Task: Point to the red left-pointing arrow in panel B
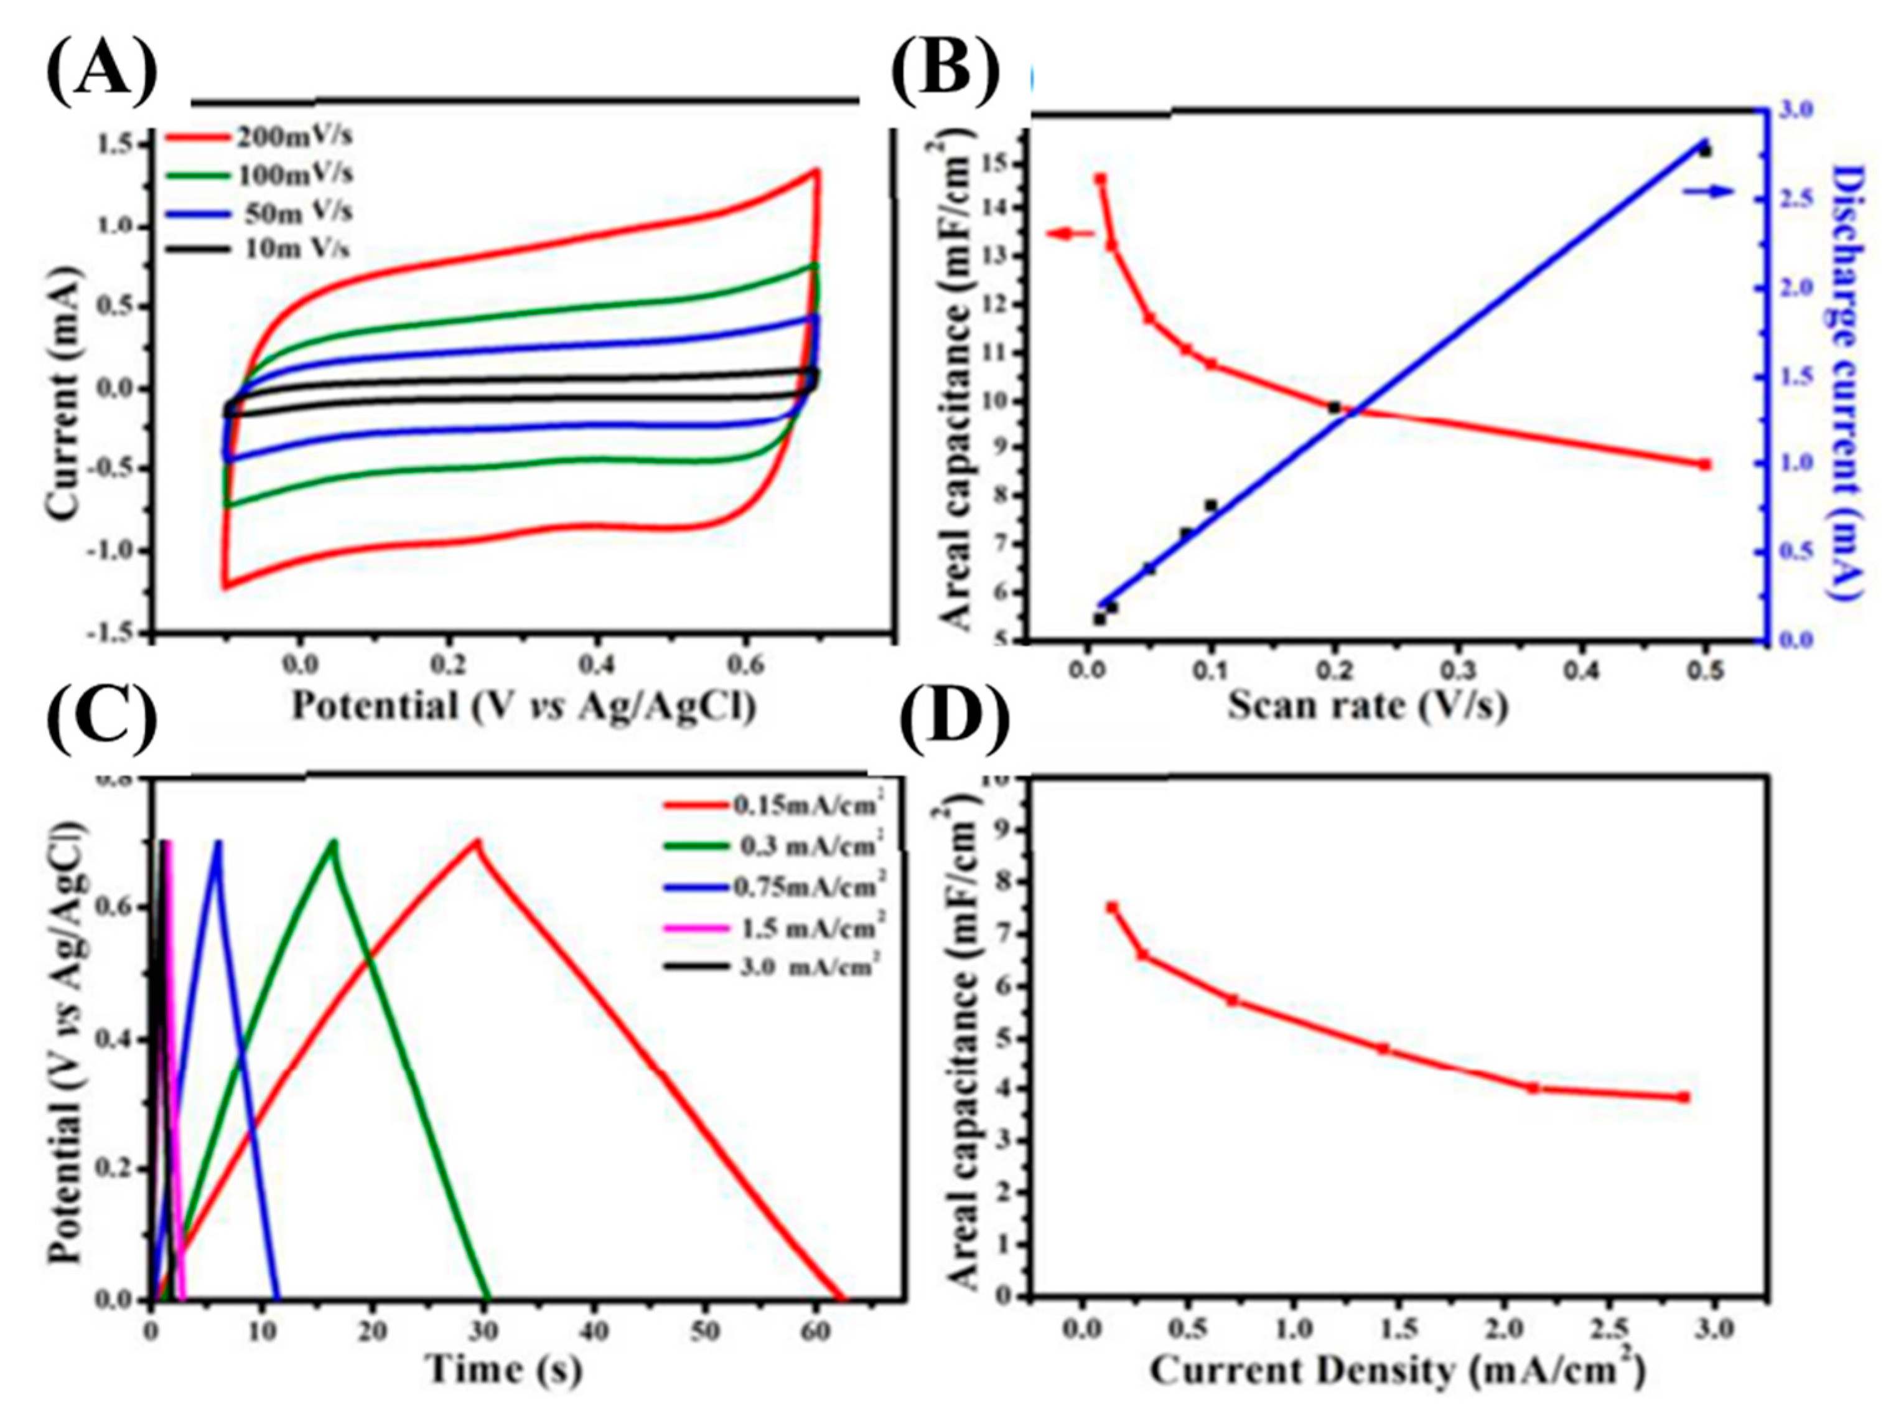coord(1070,233)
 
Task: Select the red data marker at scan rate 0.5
coord(1704,464)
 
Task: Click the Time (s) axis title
coord(505,1369)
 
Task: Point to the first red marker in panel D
coord(1112,908)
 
